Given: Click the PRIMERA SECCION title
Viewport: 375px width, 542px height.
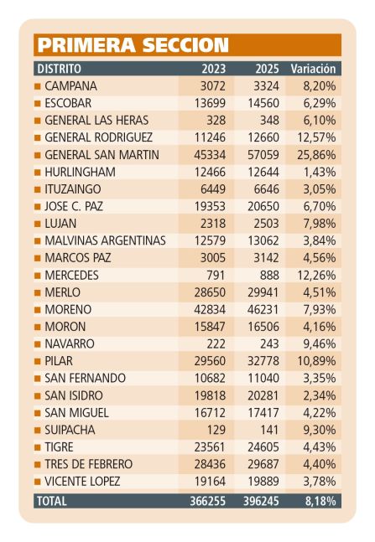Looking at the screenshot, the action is [133, 45].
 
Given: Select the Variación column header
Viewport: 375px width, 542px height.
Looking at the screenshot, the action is [313, 69].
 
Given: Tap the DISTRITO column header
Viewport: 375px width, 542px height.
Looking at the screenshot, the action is [59, 69].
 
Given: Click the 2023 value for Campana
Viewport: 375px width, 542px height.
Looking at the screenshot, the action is [212, 86].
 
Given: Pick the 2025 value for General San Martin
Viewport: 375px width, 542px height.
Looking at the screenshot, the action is [263, 155].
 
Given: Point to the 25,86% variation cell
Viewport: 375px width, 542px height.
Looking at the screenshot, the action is [316, 155].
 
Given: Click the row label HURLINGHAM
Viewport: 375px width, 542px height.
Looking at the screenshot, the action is [80, 172].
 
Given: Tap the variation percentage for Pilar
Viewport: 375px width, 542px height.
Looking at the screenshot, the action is [316, 361].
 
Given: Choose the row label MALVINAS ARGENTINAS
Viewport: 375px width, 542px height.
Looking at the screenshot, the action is [105, 240].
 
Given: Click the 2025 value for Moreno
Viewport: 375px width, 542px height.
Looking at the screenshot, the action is [263, 309].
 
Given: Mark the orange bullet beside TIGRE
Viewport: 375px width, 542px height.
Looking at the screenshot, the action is [38, 447].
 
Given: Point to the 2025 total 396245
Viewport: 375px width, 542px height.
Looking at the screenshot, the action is [261, 501].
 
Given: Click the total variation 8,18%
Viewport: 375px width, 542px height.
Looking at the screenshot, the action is [320, 501].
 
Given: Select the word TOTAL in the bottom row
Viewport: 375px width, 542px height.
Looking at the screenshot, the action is [51, 501].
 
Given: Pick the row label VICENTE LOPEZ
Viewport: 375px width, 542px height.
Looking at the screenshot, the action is [82, 482].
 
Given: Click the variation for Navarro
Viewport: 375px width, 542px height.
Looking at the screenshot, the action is [320, 344].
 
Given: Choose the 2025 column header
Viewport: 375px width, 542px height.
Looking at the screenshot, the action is [267, 69].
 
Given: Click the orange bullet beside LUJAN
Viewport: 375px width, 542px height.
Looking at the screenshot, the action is [38, 224].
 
